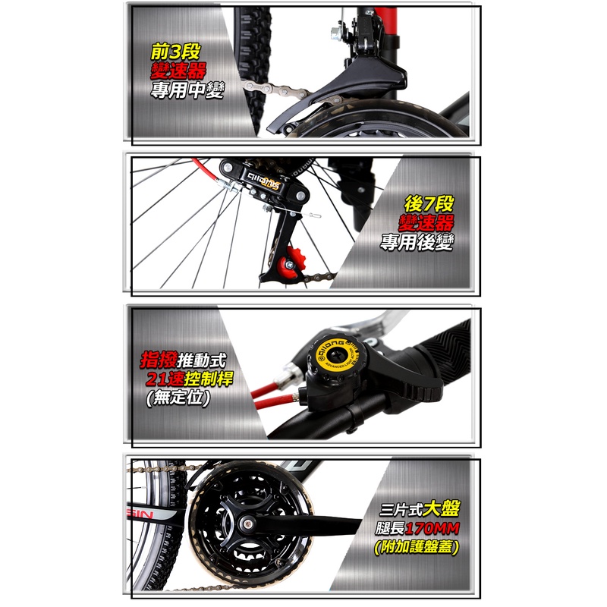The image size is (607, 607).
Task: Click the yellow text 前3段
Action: tap(176, 52)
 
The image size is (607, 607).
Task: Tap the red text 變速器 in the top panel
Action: tap(178, 71)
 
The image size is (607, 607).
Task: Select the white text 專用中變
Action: tap(187, 90)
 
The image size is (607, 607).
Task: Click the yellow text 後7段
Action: tap(429, 203)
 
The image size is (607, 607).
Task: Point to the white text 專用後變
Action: tap(417, 242)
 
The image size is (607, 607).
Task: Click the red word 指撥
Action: tap(159, 360)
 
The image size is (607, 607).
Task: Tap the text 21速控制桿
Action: tap(189, 379)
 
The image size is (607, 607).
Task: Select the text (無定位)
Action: tap(178, 398)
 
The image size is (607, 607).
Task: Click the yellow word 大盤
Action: tap(441, 508)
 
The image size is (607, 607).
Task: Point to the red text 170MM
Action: tap(432, 528)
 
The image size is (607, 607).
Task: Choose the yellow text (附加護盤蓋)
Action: tap(417, 546)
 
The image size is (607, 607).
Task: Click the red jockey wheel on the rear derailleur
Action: tap(294, 263)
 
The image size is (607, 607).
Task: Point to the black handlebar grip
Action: tap(445, 355)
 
